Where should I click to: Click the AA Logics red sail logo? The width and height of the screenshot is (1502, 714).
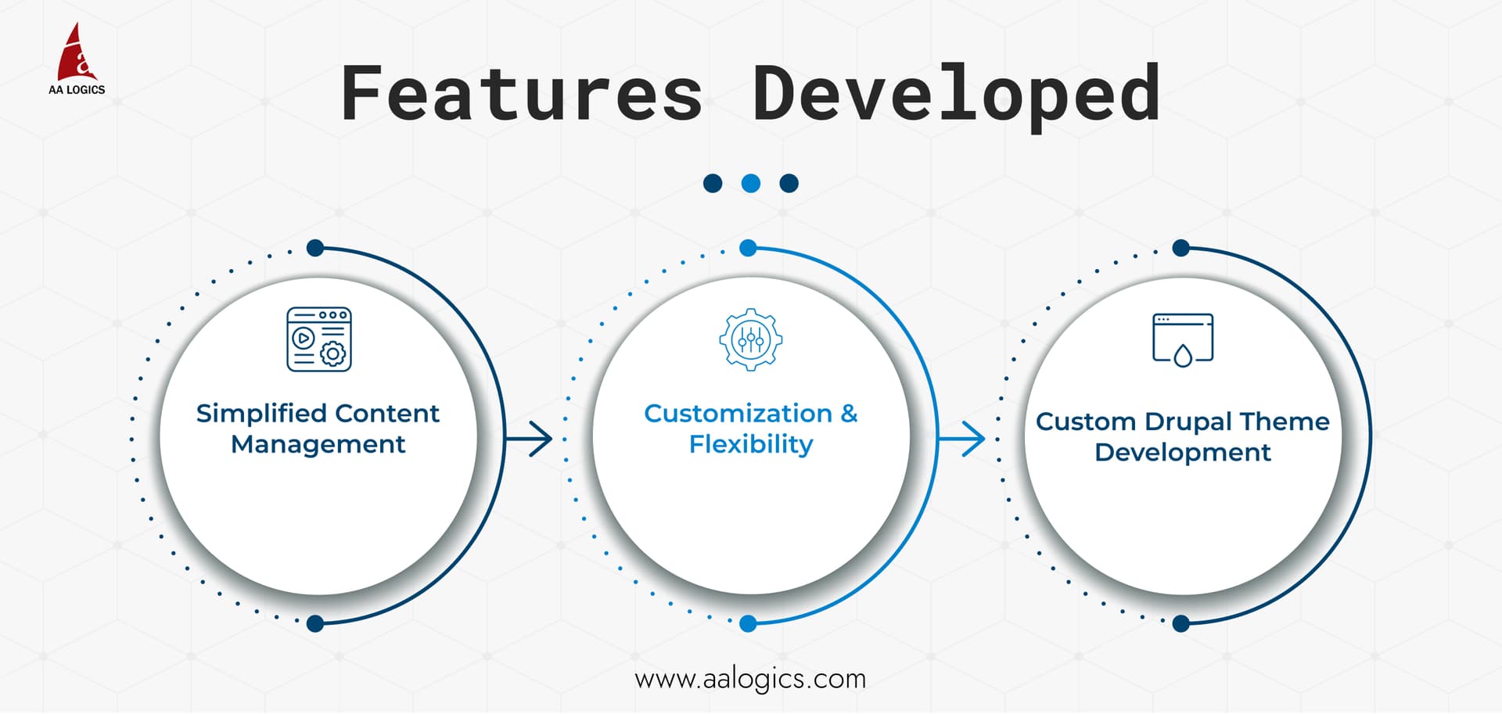pyautogui.click(x=77, y=52)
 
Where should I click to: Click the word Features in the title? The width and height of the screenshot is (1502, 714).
pyautogui.click(x=521, y=95)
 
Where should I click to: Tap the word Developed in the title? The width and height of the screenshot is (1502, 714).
pyautogui.click(x=955, y=95)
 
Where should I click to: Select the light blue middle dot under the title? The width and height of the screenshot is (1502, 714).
pyautogui.click(x=751, y=183)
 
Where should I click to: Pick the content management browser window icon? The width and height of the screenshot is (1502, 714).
pyautogui.click(x=318, y=339)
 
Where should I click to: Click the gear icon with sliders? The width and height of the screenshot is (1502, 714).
pyautogui.click(x=751, y=339)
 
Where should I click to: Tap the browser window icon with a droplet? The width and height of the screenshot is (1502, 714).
pyautogui.click(x=1183, y=339)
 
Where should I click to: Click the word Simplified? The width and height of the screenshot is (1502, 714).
pyautogui.click(x=261, y=413)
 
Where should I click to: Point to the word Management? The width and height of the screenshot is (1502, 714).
pyautogui.click(x=318, y=444)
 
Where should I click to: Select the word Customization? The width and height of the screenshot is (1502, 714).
pyautogui.click(x=738, y=413)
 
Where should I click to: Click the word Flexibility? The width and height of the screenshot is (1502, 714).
pyautogui.click(x=751, y=444)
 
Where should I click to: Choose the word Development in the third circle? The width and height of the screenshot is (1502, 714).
pyautogui.click(x=1183, y=452)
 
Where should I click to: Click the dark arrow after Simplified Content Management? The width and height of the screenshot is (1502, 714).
pyautogui.click(x=531, y=438)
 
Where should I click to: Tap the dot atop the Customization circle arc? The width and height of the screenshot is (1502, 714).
pyautogui.click(x=748, y=248)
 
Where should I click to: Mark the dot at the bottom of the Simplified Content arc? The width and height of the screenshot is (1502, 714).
pyautogui.click(x=315, y=623)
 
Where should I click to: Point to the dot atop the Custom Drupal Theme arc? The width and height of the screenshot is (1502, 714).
pyautogui.click(x=1181, y=248)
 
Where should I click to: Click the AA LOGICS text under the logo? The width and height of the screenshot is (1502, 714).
pyautogui.click(x=77, y=90)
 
